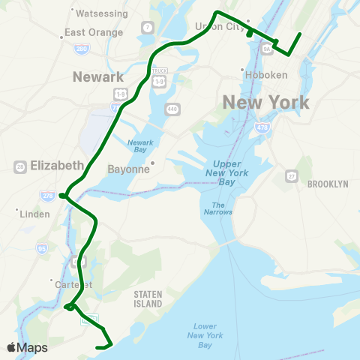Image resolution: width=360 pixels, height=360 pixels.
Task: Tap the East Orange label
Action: click(93, 32)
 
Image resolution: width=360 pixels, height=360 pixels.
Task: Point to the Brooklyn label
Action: click(328, 184)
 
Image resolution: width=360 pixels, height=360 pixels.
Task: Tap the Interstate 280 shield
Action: click(82, 49)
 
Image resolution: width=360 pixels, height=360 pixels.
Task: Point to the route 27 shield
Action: click(291, 176)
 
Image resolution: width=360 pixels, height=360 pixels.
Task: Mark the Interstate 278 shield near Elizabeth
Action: click(47, 195)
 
